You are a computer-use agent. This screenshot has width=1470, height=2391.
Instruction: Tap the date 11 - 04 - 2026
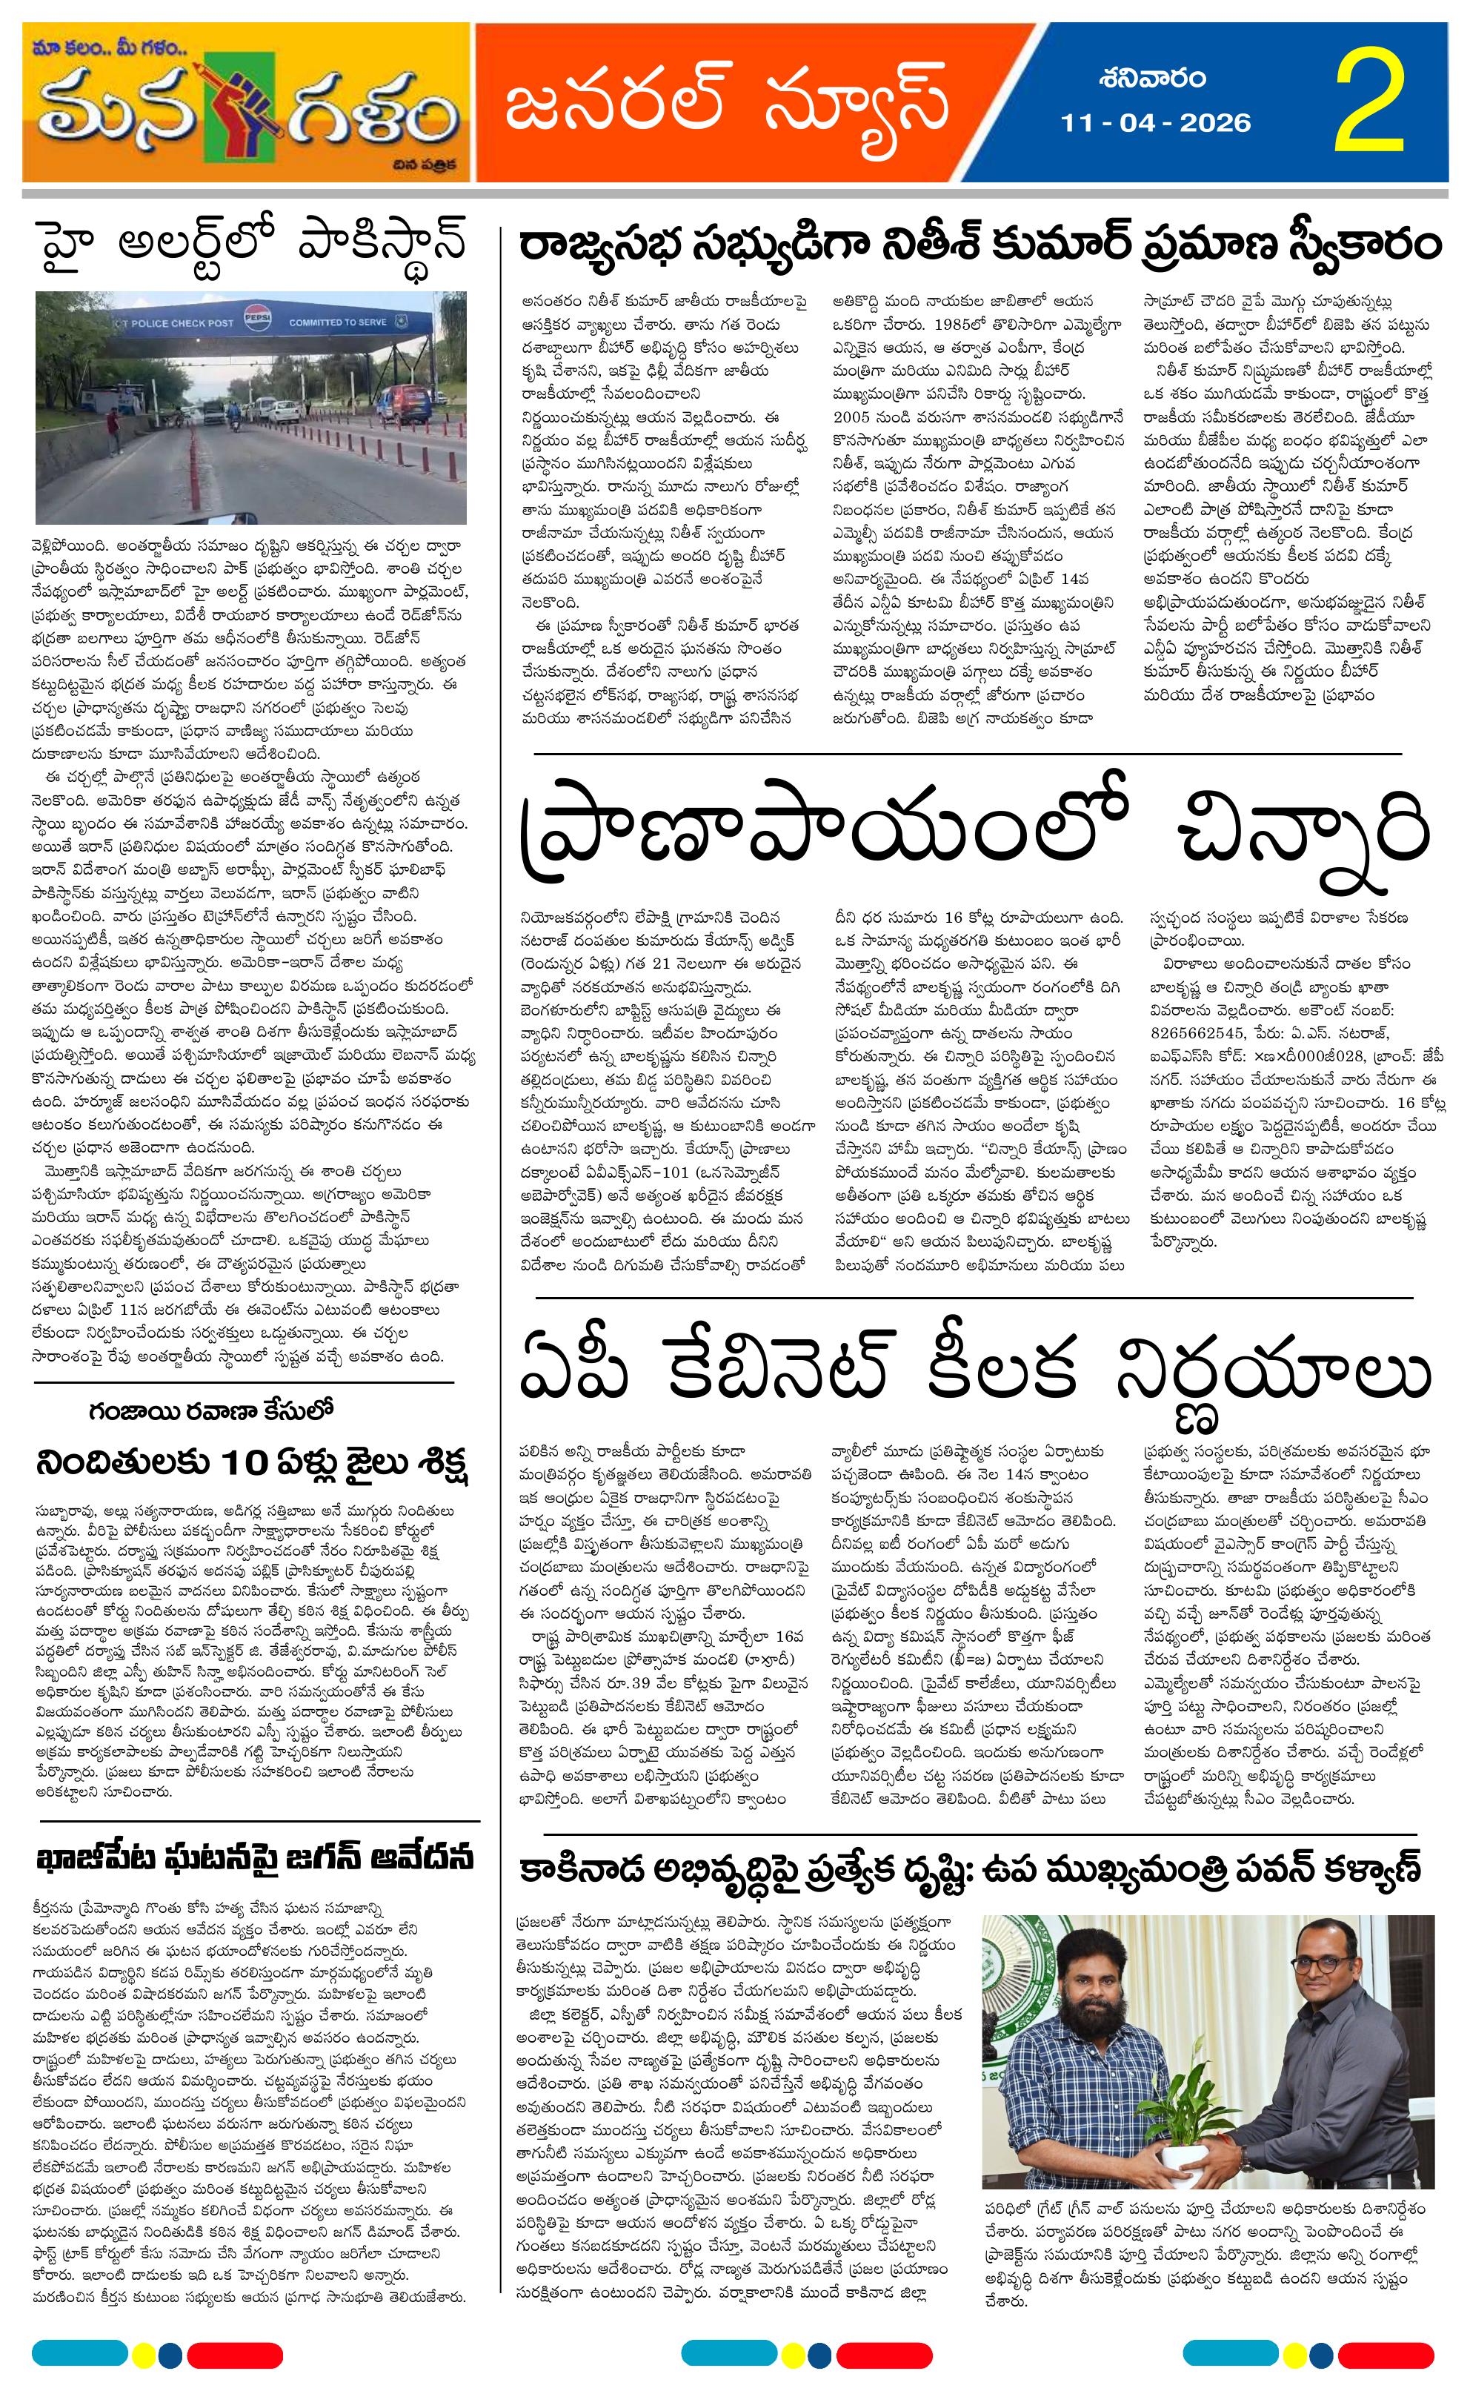coord(1156,122)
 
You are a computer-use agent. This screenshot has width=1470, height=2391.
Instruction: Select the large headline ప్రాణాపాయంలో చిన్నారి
coord(976,835)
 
